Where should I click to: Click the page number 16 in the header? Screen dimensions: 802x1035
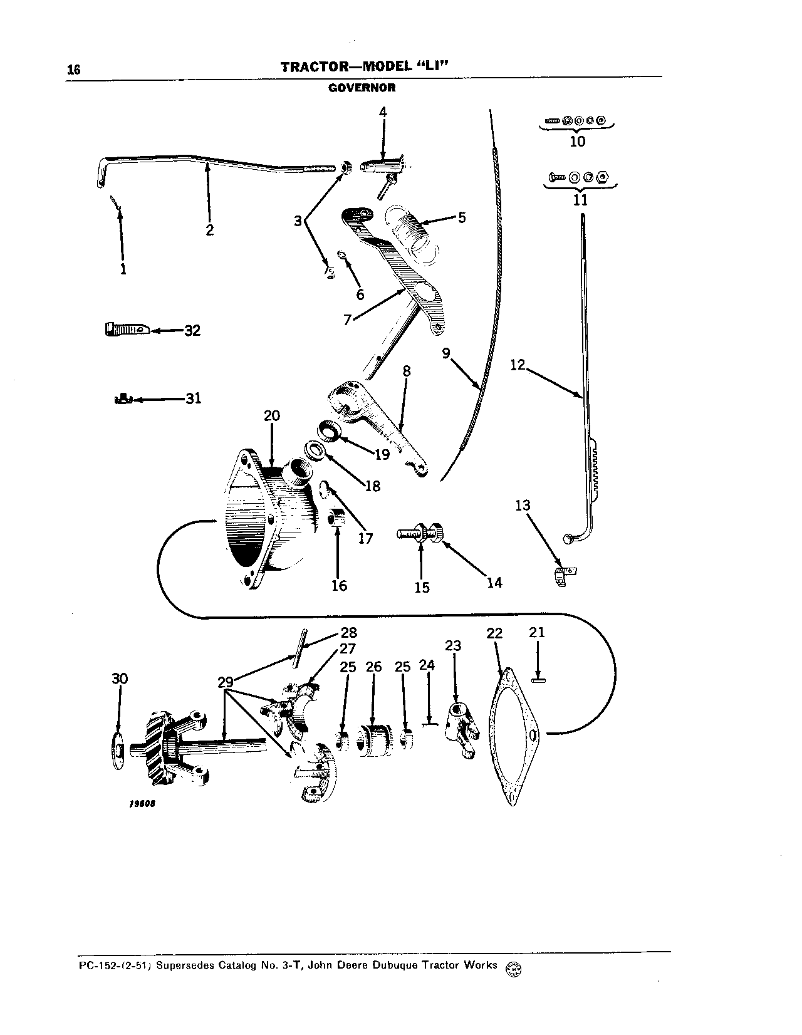point(74,70)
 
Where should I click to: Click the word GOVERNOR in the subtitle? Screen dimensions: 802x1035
point(362,88)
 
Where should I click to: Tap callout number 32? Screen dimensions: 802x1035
point(192,330)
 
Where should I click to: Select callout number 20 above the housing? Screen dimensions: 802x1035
point(272,416)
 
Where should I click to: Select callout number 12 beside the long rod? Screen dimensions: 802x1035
point(517,365)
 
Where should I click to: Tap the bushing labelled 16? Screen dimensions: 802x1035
point(338,517)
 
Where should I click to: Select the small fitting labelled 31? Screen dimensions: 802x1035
point(125,398)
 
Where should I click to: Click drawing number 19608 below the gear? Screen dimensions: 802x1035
point(143,804)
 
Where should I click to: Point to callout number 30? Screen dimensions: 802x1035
point(120,679)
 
